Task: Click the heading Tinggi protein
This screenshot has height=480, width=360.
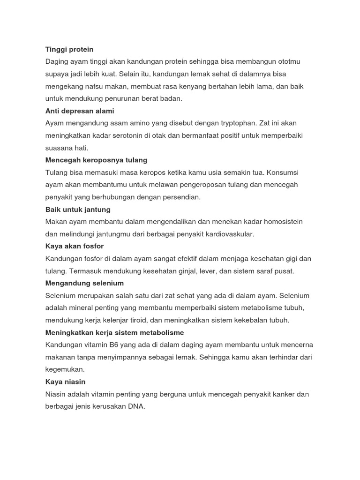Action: coord(69,49)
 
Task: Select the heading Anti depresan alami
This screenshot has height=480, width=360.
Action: coord(80,111)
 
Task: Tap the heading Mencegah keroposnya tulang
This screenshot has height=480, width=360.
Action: coord(96,160)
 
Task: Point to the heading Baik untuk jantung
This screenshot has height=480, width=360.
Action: coord(78,210)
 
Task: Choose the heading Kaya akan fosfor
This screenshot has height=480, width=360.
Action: coord(75,246)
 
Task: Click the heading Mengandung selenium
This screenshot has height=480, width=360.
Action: coord(84,283)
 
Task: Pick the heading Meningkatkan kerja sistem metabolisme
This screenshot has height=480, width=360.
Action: coord(114,332)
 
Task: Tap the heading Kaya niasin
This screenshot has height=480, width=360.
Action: coord(66,382)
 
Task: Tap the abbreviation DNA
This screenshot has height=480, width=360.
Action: coord(135,406)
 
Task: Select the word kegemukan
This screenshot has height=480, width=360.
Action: coord(65,369)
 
